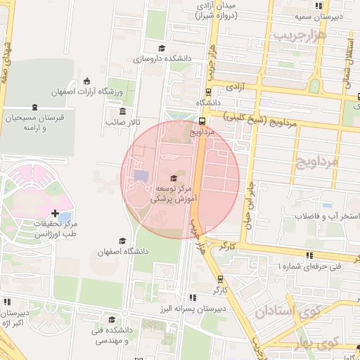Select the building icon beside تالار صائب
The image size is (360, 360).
tap(123, 111)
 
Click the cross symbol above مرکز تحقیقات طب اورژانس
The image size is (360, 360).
tap(56, 212)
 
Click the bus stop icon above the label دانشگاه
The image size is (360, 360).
tap(208, 91)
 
